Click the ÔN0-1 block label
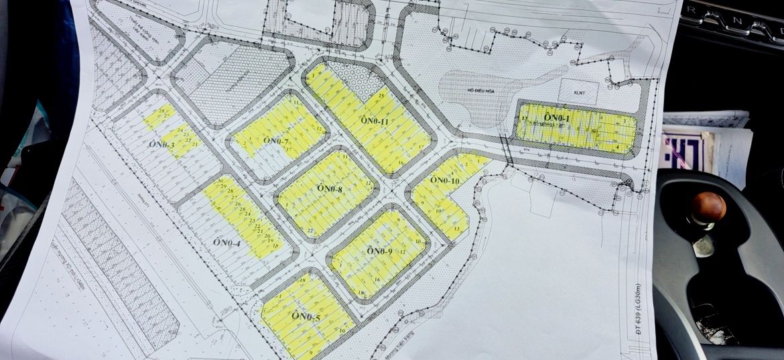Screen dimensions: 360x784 (557, 118)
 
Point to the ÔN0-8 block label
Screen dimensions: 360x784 (330, 190)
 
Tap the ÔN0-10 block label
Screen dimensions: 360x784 (444, 180)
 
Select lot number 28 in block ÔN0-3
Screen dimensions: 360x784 (161, 110)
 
